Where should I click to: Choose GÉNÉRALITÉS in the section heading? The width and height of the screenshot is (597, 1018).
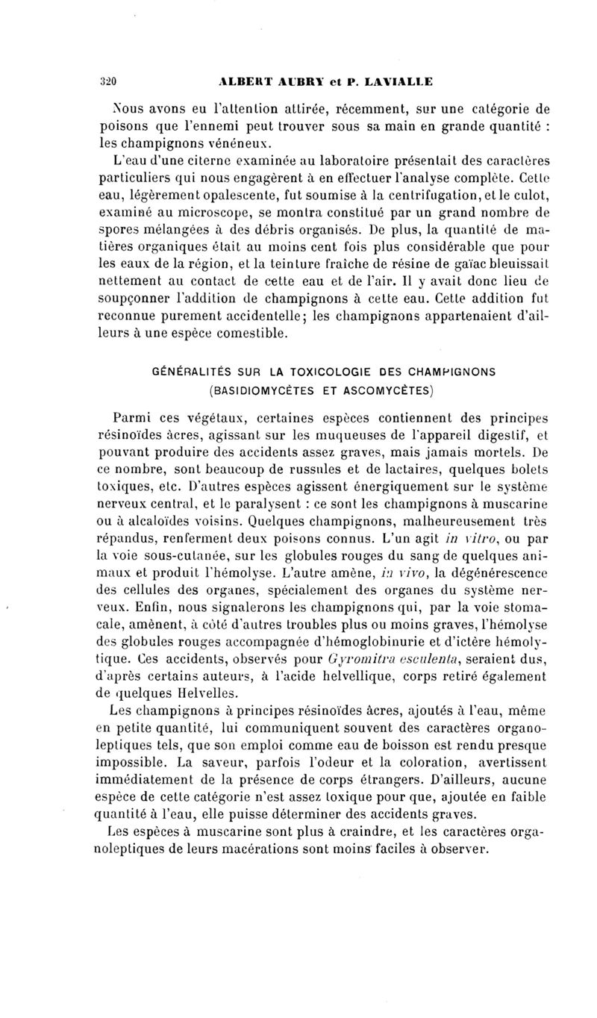pos(192,371)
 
